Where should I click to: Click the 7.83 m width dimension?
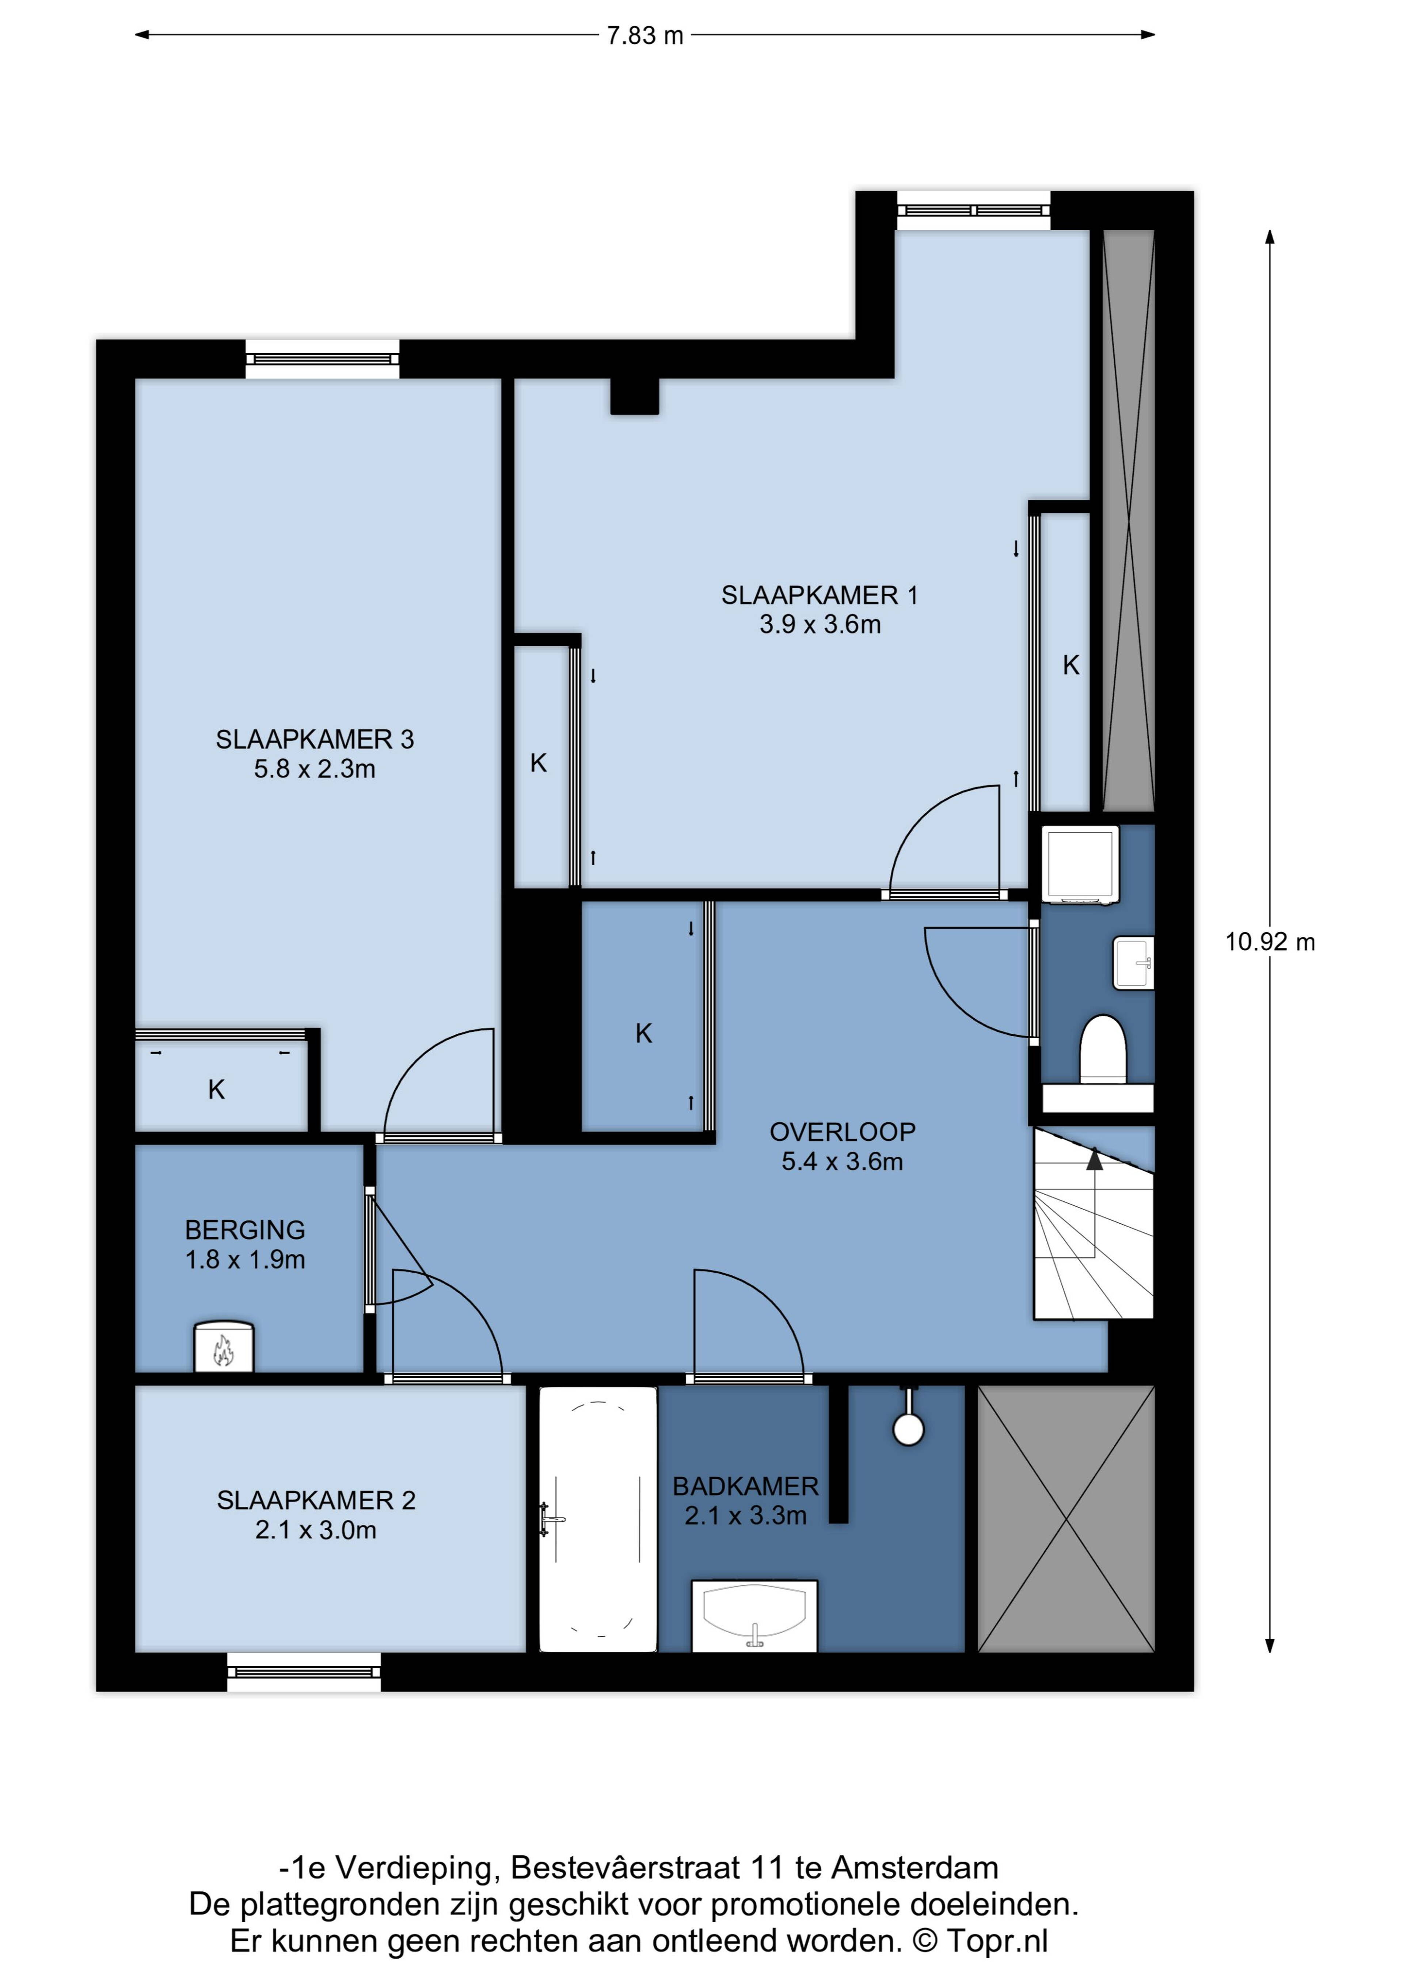point(645,35)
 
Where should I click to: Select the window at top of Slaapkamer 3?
point(323,359)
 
